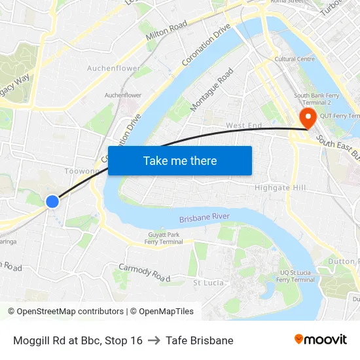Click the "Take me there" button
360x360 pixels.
point(180,160)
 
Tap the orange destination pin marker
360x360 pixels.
point(307,118)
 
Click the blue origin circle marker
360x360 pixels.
point(52,202)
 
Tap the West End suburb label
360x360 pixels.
point(243,125)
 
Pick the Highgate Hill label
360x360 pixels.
point(280,188)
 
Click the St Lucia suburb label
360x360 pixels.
point(209,283)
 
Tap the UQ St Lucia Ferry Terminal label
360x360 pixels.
point(295,276)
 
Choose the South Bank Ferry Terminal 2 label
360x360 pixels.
point(321,99)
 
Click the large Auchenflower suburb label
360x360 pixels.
point(113,68)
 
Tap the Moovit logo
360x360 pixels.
point(320,339)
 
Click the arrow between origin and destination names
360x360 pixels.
point(154,340)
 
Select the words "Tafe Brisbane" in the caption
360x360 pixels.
point(200,340)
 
